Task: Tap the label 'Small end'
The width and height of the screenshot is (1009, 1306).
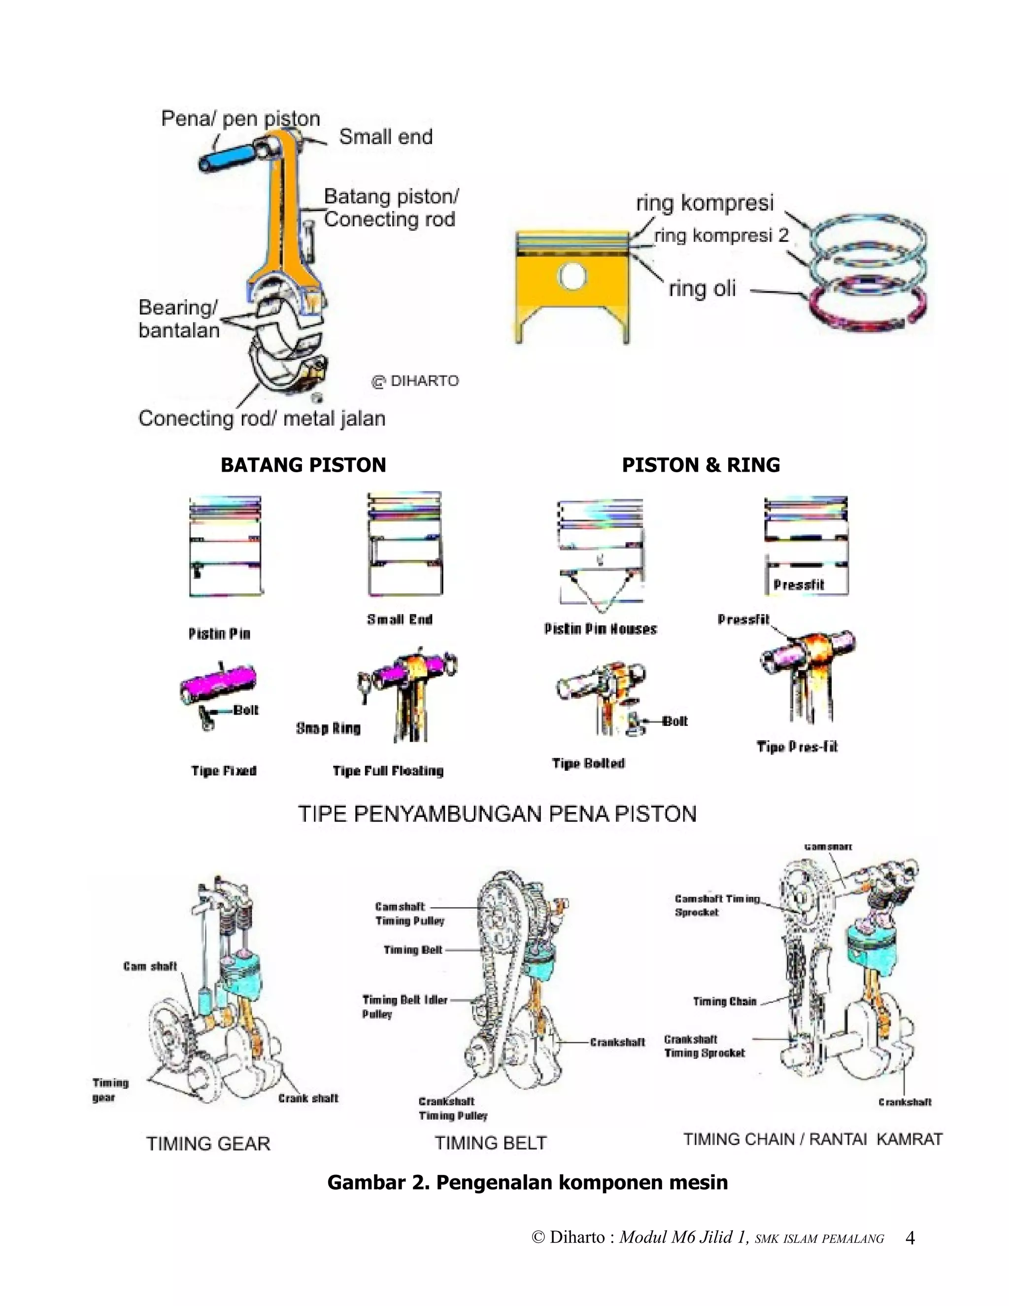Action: click(x=386, y=137)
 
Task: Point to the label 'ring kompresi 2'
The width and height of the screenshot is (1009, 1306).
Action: click(x=721, y=236)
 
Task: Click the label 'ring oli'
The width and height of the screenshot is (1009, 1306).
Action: click(x=702, y=289)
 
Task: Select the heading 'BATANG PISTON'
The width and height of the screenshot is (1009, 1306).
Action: click(x=303, y=465)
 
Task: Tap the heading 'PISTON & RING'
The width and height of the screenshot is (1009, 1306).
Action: click(x=701, y=465)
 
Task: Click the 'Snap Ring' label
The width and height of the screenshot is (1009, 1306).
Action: click(x=328, y=728)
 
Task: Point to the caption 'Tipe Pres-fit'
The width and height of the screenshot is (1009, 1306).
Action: click(x=797, y=746)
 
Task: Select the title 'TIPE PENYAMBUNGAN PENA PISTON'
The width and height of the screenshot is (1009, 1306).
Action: click(x=497, y=814)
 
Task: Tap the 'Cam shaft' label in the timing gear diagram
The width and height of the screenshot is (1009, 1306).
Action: click(x=150, y=966)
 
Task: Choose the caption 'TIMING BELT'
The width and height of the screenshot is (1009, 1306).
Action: click(x=490, y=1143)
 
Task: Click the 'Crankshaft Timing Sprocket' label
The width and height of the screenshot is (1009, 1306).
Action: click(x=704, y=1046)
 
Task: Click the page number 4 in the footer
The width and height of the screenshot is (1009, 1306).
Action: click(x=910, y=1238)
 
